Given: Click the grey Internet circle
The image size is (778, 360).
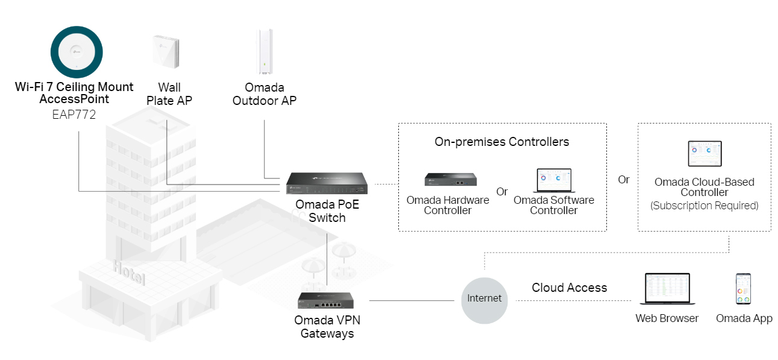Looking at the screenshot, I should click(485, 298).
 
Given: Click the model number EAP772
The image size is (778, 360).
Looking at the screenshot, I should click(74, 115).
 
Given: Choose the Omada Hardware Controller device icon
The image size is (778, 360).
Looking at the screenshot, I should click(451, 179).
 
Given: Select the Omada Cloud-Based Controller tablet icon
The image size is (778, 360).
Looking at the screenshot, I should click(704, 154).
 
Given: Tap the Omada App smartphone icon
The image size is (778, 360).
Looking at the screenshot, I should click(743, 290).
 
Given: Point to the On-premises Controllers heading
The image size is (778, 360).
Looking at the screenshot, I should click(501, 142).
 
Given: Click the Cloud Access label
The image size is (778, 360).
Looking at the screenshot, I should click(569, 288).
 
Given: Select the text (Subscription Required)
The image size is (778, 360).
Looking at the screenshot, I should click(704, 206).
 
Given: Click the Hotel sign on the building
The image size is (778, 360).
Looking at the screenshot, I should click(129, 273).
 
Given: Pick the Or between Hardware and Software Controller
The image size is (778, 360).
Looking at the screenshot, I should click(502, 192).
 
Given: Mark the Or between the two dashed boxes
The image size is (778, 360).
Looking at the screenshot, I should click(624, 180).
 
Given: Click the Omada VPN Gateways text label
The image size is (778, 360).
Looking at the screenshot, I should click(327, 326).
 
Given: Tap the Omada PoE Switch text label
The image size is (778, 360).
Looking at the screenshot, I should click(327, 211).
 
